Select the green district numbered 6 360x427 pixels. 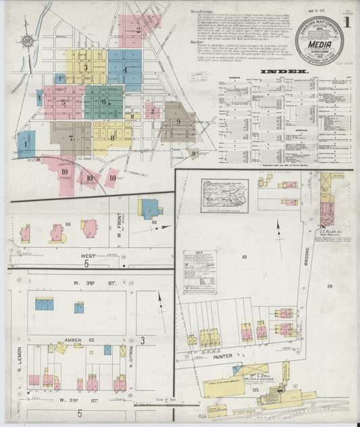(x=103, y=101)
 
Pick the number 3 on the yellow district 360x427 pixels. (x=86, y=67)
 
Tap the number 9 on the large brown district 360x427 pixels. (x=178, y=122)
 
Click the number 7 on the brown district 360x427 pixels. (x=70, y=138)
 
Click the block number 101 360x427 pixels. (x=244, y=257)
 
